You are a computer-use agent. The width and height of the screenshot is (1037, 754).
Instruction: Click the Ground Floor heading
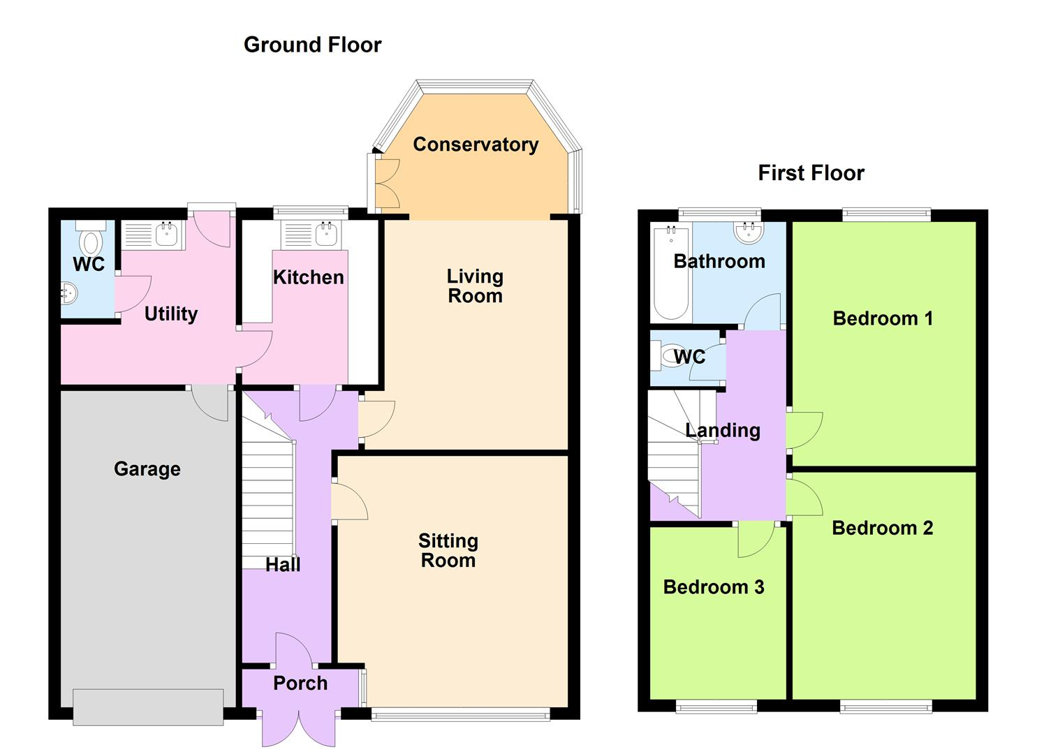[312, 45]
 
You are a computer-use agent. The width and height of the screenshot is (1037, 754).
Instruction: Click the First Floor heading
[811, 172]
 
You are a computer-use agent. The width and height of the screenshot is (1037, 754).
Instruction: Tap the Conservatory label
[476, 145]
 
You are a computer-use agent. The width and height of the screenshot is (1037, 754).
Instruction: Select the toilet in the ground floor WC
[90, 239]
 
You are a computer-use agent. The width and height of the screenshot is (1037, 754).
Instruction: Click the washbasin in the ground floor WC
[68, 293]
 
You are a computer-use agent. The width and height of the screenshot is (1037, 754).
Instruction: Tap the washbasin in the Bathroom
[748, 232]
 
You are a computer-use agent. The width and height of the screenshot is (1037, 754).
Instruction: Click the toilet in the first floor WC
[665, 357]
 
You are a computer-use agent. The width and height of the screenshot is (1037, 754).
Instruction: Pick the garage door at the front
[148, 707]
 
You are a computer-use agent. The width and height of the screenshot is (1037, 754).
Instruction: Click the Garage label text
[147, 468]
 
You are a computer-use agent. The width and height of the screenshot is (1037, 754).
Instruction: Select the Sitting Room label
[448, 551]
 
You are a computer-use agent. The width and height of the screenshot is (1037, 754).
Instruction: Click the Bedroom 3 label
[713, 587]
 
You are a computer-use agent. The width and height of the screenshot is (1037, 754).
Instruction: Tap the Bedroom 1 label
[883, 318]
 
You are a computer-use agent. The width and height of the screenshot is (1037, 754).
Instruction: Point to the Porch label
[300, 683]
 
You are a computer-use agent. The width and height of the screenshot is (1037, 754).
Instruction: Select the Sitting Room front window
[461, 714]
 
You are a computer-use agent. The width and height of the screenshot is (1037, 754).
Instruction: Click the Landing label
[723, 430]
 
